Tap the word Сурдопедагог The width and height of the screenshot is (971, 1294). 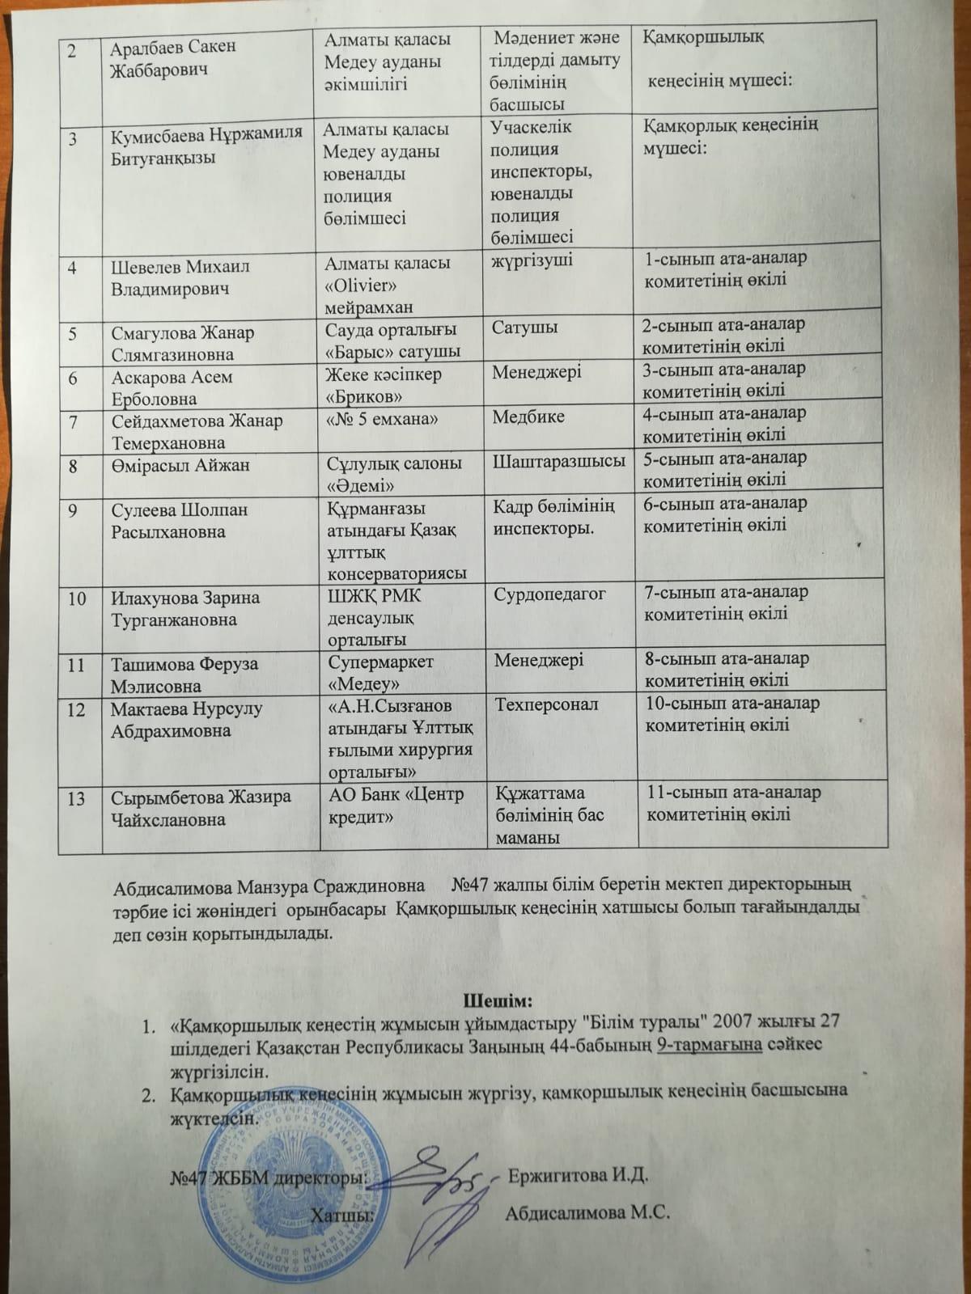[549, 594]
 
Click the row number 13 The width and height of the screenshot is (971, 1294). [76, 798]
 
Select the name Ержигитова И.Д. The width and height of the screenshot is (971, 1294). [578, 1174]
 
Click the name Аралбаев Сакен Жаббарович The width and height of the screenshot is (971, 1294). [173, 57]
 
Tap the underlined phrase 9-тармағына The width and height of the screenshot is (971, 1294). [710, 1044]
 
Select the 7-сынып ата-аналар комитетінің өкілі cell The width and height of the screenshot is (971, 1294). [725, 603]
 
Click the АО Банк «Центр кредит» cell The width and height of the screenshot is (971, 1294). [396, 805]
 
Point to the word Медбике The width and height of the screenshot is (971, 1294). [528, 417]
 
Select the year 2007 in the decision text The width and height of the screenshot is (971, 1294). [747, 1021]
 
